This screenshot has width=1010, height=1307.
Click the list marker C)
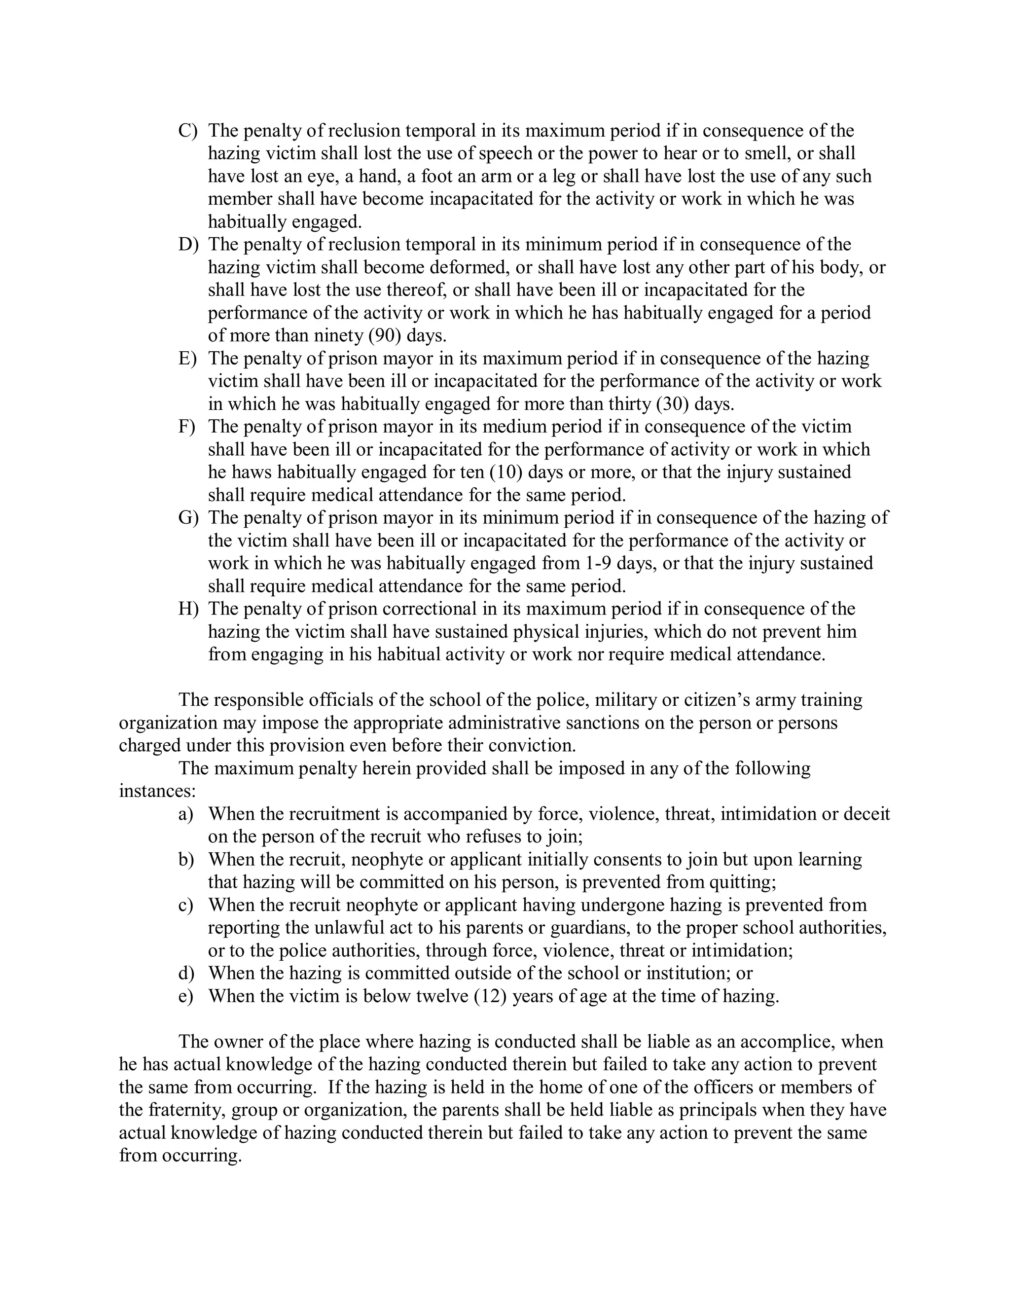(x=187, y=131)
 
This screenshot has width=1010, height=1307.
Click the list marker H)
(x=187, y=609)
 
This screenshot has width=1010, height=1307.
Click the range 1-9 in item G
(x=597, y=563)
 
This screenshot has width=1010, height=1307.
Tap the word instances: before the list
(x=157, y=791)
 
